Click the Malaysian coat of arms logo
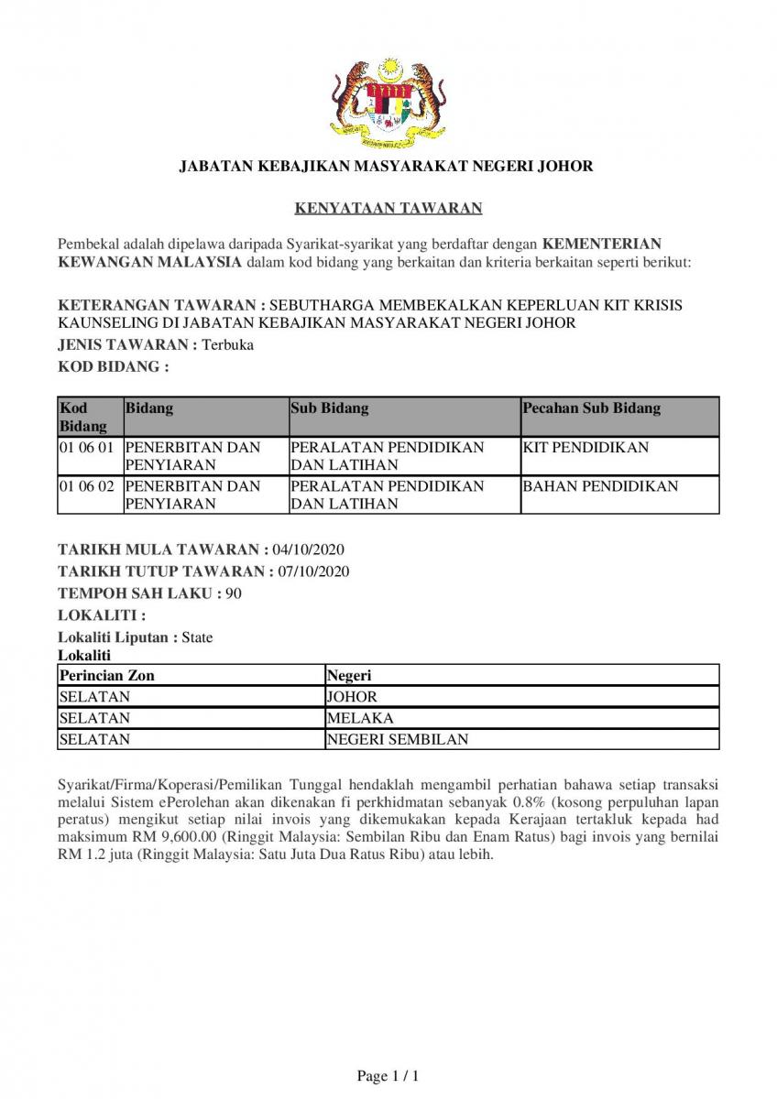388,100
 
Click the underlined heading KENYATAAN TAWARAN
388,209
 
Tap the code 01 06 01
87,448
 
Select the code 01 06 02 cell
87,486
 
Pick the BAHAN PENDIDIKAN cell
600,486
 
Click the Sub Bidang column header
329,408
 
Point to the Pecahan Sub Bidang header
591,408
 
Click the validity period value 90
234,593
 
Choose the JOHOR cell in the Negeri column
352,697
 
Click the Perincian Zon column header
106,676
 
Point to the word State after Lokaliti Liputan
197,637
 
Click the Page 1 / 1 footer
388,1076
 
